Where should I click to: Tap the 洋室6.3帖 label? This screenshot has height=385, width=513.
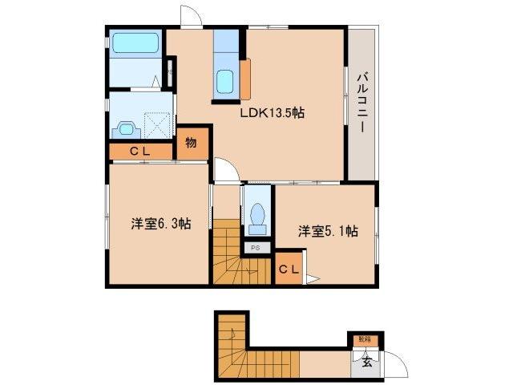pos(160,223)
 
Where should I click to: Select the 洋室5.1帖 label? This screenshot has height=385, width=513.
pos(328,232)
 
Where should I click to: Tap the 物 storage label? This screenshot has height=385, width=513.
pos(192,144)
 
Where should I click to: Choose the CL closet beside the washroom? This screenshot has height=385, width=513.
pos(141,151)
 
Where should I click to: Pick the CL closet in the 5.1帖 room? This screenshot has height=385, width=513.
pos(289,269)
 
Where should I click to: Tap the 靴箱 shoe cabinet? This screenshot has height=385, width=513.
pos(364,340)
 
